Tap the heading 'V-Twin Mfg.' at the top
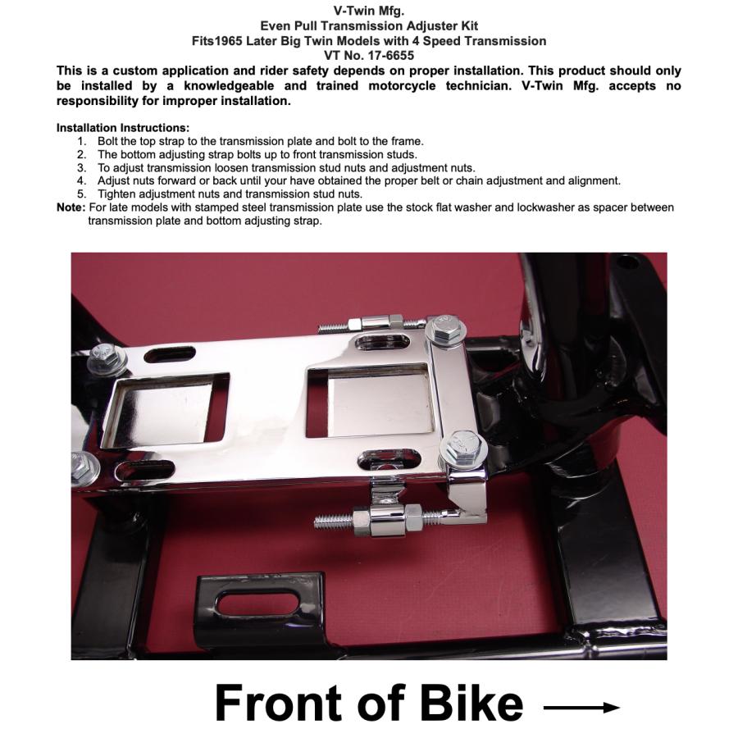[x=368, y=11]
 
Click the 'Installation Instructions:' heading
[x=123, y=128]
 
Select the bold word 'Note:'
[x=71, y=207]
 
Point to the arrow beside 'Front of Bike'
[x=581, y=707]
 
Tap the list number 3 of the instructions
[x=82, y=167]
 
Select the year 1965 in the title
[x=228, y=41]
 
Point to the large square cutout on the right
[x=370, y=399]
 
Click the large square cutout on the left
[x=164, y=411]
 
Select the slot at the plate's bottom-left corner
[x=143, y=470]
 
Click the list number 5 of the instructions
[x=82, y=194]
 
